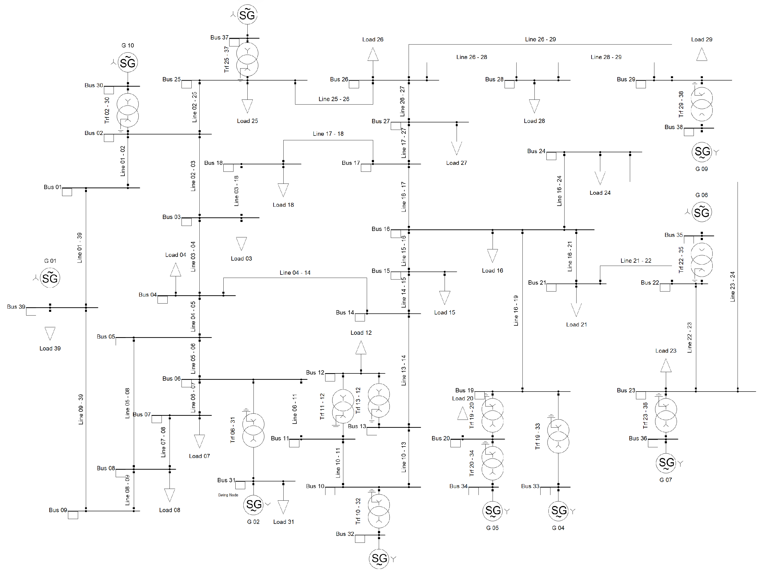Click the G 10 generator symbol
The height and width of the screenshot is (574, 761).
tap(128, 63)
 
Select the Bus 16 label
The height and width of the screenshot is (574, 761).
tap(381, 229)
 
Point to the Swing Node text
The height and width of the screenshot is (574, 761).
tap(228, 495)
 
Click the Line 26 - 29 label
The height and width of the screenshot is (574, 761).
tap(540, 39)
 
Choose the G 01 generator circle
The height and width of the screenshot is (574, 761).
tap(50, 278)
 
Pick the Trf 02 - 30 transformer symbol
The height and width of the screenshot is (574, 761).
tap(128, 110)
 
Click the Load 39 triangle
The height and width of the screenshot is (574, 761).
tap(50, 333)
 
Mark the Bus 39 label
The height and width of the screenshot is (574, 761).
tap(16, 306)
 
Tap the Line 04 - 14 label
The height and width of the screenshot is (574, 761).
tap(295, 273)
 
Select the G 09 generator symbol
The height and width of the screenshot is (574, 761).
tap(702, 152)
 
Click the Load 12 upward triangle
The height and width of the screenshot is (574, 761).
tap(361, 348)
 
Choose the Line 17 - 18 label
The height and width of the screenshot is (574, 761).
tap(328, 134)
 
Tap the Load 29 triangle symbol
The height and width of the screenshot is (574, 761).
tap(702, 54)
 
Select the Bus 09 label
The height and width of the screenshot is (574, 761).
tap(58, 510)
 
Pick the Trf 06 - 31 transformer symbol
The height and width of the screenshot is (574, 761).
tap(253, 430)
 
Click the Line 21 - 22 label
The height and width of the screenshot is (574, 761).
tap(636, 261)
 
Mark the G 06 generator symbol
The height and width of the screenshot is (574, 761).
tap(702, 212)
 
